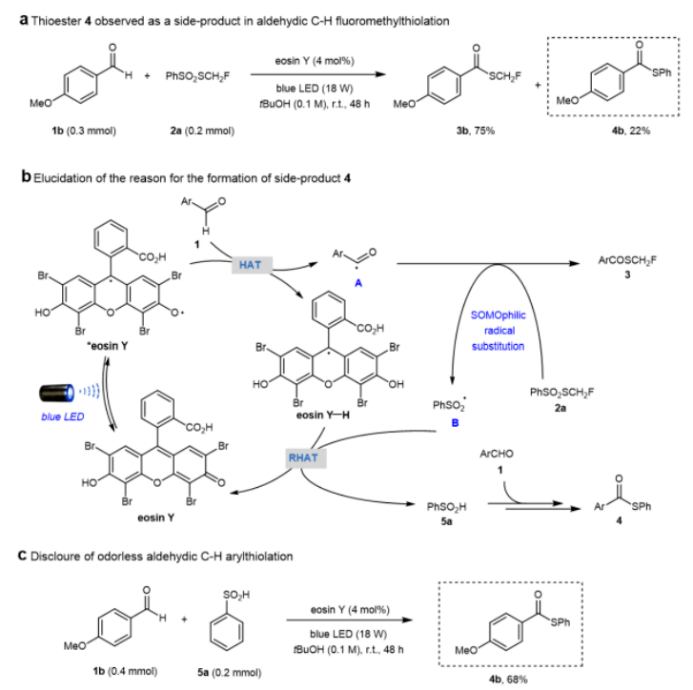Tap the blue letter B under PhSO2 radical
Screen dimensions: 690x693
click(456, 421)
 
